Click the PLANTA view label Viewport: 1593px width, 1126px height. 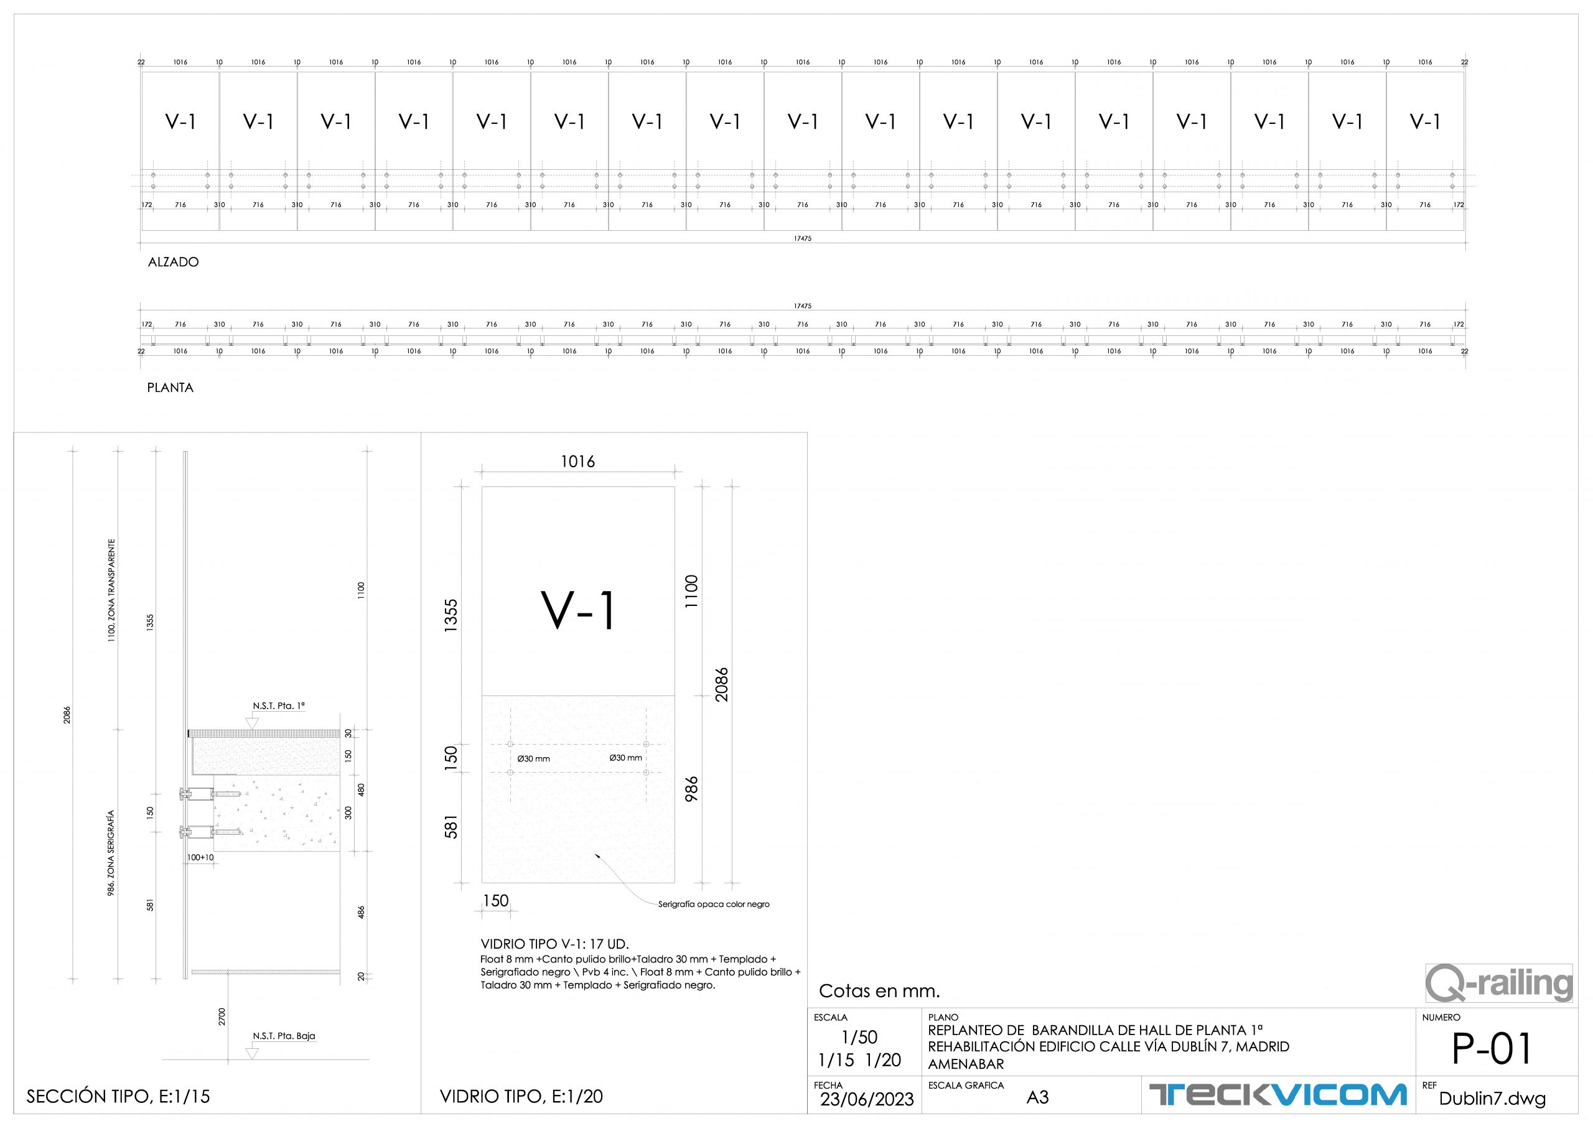click(x=170, y=388)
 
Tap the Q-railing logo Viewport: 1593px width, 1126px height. click(x=1498, y=983)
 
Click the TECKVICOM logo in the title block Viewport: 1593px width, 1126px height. click(x=1278, y=1095)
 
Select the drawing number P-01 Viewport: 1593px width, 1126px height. click(x=1492, y=1048)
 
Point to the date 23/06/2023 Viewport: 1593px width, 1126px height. click(x=867, y=1100)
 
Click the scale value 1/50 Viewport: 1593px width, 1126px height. click(x=859, y=1037)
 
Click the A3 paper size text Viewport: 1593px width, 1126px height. click(x=1037, y=1097)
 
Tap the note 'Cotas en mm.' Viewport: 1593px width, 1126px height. click(x=879, y=991)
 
